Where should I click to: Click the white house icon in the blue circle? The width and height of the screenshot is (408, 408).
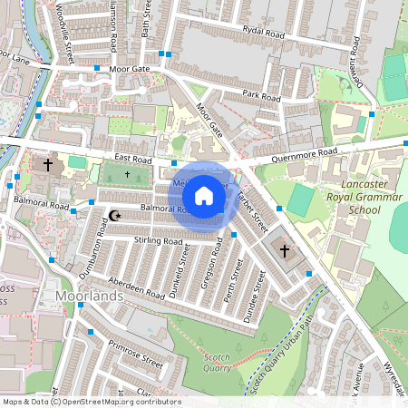pyautogui.click(x=204, y=196)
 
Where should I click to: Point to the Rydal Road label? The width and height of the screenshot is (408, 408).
pyautogui.click(x=263, y=30)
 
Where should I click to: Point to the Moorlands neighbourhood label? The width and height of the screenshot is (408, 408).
pyautogui.click(x=88, y=296)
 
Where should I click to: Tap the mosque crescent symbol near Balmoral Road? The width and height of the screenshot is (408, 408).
pyautogui.click(x=114, y=216)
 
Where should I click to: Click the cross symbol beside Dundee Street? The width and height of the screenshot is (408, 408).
pyautogui.click(x=284, y=249)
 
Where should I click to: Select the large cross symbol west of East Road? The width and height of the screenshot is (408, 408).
pyautogui.click(x=47, y=166)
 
